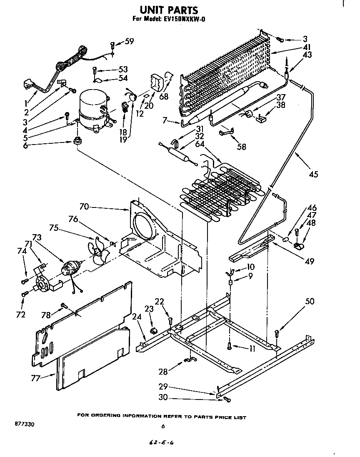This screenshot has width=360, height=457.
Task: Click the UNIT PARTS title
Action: coord(162,10)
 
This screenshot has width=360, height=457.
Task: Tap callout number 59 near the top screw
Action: coord(130,41)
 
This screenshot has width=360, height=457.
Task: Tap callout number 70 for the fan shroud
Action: coord(84,206)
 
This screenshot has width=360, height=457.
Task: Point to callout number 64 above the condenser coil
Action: coord(200,144)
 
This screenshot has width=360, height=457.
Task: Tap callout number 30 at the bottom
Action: coord(163,397)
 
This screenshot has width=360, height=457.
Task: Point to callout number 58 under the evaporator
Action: coord(241,146)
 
